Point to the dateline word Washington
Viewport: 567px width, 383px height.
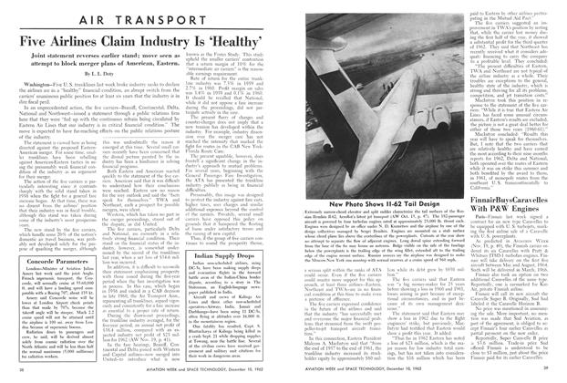(36, 93)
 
